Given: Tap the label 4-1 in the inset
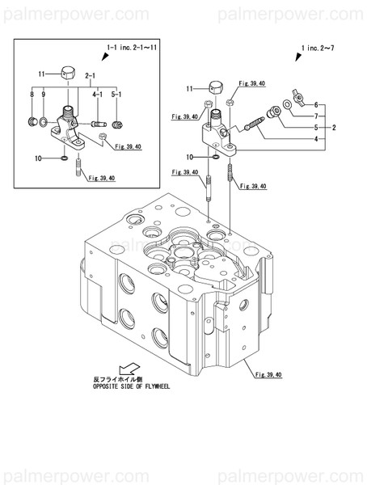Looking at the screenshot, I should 95,95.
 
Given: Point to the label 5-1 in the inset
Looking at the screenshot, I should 116,95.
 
